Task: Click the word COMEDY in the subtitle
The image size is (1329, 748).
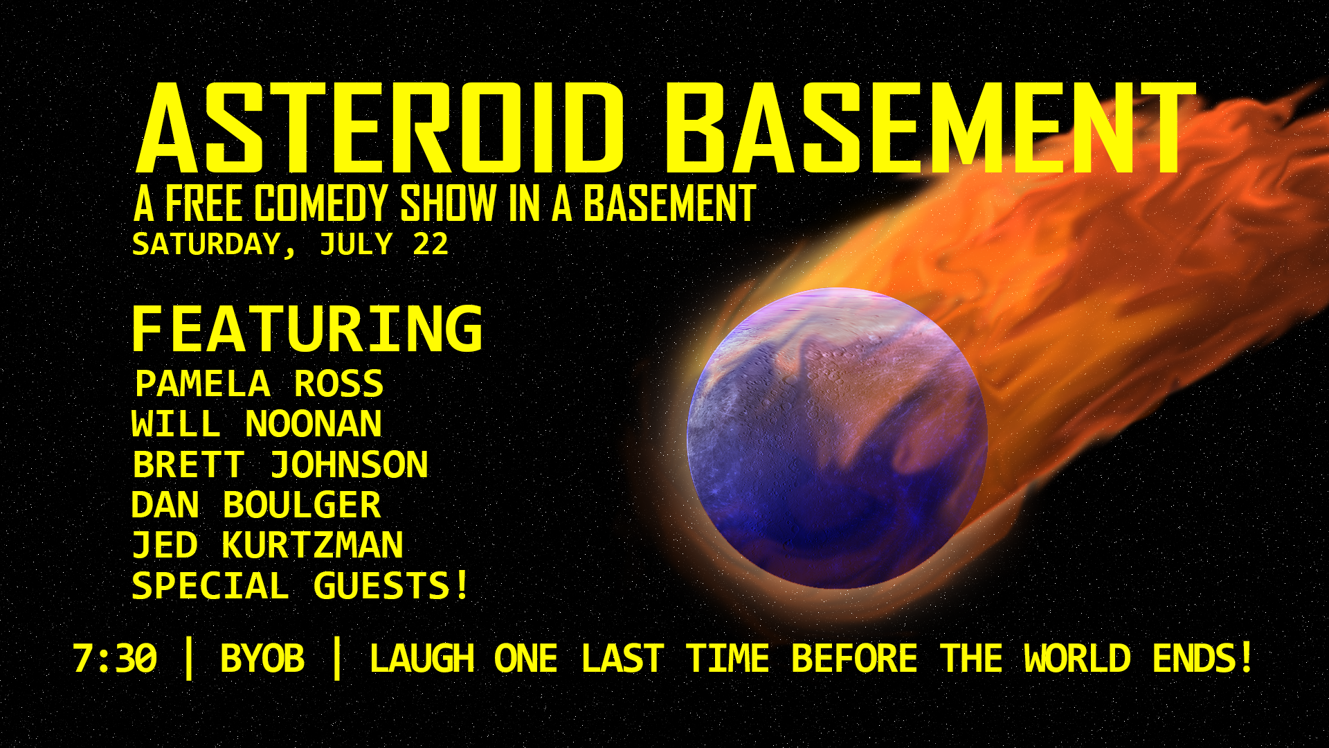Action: click(321, 204)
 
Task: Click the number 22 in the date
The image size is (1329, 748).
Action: click(431, 244)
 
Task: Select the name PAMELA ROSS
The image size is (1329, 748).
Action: click(259, 384)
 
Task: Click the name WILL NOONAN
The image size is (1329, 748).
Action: click(257, 424)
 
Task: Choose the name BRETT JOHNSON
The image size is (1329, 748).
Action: click(280, 465)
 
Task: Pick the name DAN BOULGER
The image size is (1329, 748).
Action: click(256, 505)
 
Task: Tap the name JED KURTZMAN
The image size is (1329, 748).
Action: click(268, 545)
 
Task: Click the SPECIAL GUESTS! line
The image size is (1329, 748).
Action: click(300, 586)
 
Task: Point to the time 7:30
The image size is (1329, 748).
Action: click(115, 659)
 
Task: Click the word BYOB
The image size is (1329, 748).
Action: click(262, 659)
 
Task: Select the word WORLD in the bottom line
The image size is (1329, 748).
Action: click(1077, 659)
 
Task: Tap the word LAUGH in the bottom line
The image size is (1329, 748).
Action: click(422, 659)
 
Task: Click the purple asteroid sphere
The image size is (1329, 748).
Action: click(837, 438)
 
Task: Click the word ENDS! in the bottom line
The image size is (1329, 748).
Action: click(1203, 659)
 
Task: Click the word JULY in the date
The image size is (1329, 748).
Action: click(356, 244)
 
